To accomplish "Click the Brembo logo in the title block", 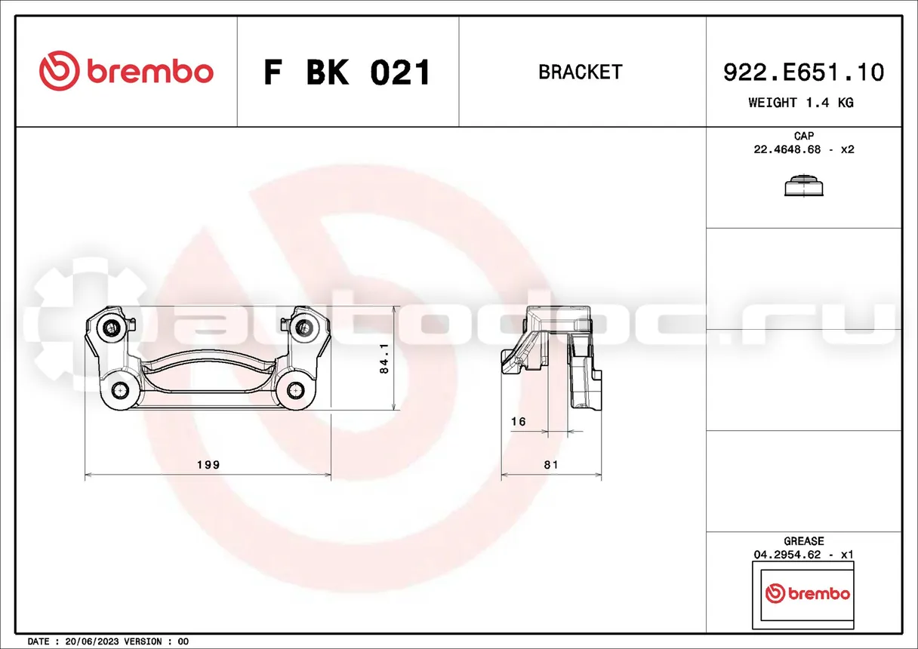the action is [x=126, y=71].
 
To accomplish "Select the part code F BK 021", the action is [x=347, y=72].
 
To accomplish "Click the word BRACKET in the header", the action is [x=581, y=72].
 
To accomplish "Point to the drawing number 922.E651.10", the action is [x=804, y=72].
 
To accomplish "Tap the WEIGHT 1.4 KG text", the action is [x=801, y=103].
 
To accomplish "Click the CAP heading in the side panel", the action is [x=804, y=136].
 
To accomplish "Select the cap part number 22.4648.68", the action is [x=787, y=149].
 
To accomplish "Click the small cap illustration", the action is [x=804, y=186].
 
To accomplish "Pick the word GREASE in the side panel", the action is [x=804, y=541].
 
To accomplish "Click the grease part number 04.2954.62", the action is [x=787, y=555].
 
